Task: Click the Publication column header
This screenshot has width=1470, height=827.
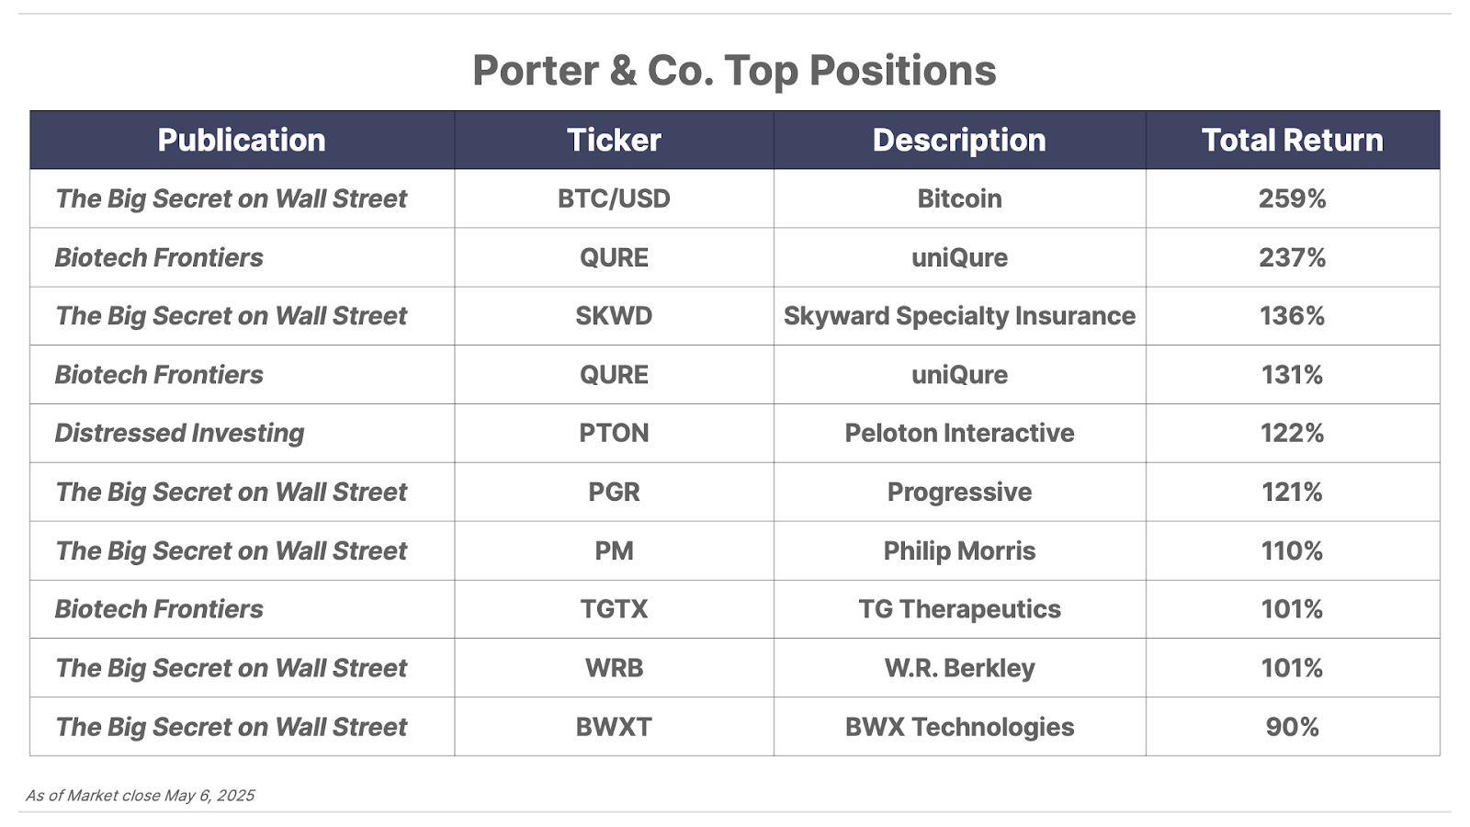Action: click(242, 140)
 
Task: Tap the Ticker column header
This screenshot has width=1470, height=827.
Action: click(614, 140)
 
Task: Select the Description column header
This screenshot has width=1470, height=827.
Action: click(959, 140)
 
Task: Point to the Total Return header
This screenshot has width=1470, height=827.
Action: click(1292, 140)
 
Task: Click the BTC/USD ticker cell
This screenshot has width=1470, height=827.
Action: click(614, 198)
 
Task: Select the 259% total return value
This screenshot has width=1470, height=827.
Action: click(1292, 198)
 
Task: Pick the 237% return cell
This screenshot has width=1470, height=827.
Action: click(1292, 257)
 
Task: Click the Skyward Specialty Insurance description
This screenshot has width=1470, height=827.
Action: click(959, 316)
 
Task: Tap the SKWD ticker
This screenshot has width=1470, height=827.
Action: click(614, 316)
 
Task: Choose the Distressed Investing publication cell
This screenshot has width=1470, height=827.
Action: click(179, 433)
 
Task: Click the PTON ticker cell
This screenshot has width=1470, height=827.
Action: click(614, 433)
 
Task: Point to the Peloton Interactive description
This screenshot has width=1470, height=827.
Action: click(959, 433)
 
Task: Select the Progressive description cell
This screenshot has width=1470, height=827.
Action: click(959, 493)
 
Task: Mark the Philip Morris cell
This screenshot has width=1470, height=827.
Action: click(959, 550)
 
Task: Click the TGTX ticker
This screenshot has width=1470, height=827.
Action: click(614, 609)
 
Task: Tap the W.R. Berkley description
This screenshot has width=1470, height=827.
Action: click(959, 668)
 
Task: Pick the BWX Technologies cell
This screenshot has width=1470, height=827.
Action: click(959, 727)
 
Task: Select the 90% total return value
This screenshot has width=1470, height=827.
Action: click(1292, 727)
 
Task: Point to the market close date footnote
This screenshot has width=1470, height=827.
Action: click(140, 796)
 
